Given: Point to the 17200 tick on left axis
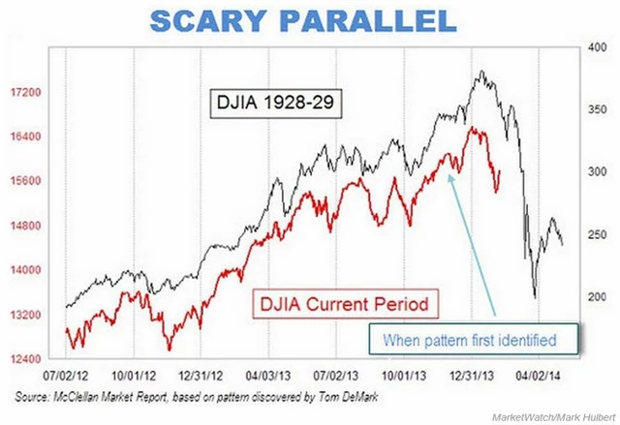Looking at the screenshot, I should [23, 92].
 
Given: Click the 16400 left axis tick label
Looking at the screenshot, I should [23, 137].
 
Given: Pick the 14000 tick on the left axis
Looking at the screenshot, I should [23, 270].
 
